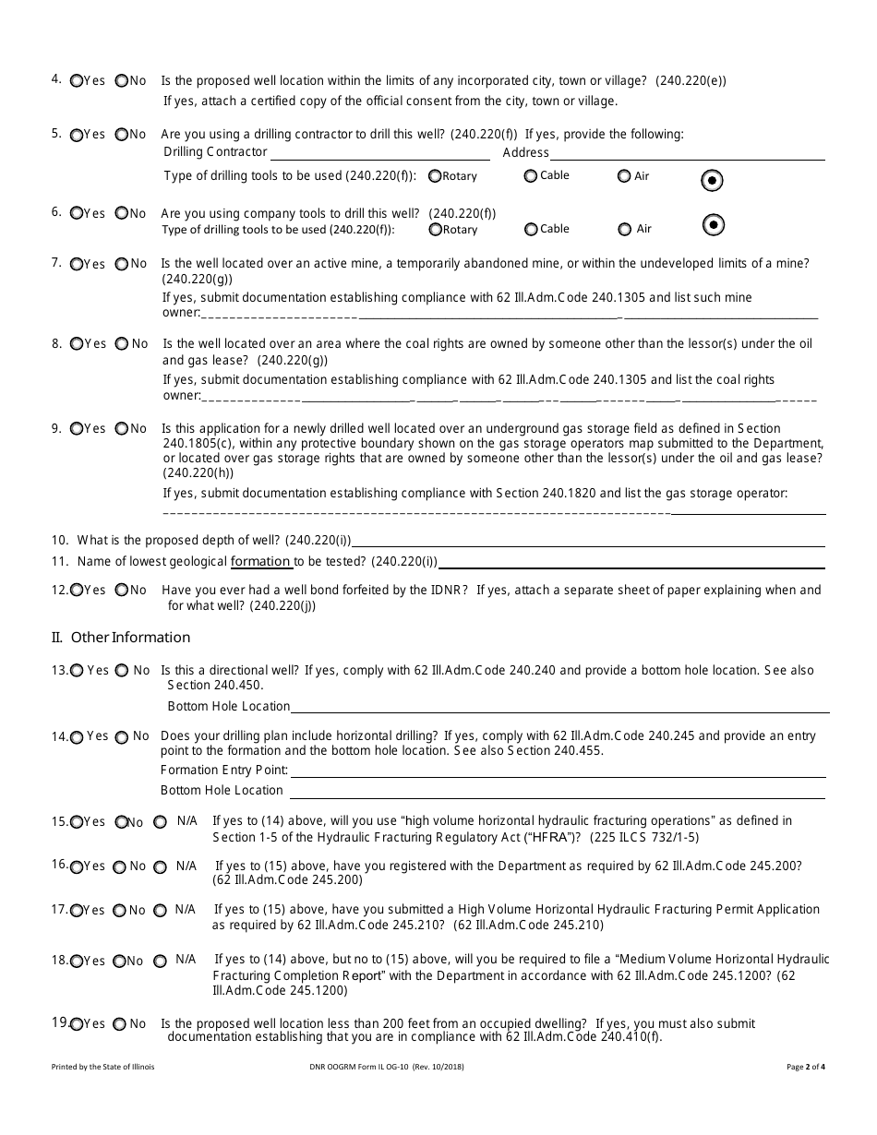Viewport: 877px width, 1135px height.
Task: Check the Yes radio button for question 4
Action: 77,80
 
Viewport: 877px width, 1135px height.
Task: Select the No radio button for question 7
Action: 122,264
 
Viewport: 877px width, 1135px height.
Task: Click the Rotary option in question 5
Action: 435,176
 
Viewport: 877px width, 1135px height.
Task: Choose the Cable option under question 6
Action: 530,230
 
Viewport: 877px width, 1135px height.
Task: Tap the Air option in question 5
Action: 624,176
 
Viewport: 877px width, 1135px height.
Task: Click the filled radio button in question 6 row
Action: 713,224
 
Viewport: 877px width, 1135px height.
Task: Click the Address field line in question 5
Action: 687,154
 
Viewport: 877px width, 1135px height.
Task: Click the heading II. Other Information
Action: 121,638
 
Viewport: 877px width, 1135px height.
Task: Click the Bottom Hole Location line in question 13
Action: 559,707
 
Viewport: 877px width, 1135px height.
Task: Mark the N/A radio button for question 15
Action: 160,821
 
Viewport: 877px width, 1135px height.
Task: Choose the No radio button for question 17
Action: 120,911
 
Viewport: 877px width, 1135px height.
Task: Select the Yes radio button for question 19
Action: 77,1024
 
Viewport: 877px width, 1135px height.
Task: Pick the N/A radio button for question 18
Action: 160,961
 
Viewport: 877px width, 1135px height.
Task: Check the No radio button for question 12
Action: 121,591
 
